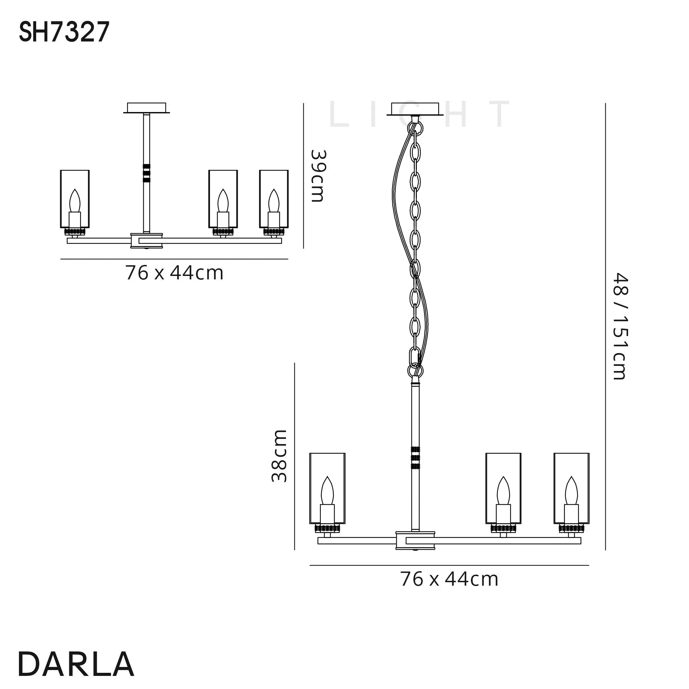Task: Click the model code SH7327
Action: click(64, 32)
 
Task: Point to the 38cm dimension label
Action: click(279, 456)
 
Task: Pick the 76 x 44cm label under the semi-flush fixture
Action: click(174, 273)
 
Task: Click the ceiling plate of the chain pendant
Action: click(415, 110)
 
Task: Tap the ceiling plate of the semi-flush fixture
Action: click(146, 108)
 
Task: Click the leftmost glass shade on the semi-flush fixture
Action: click(74, 199)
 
